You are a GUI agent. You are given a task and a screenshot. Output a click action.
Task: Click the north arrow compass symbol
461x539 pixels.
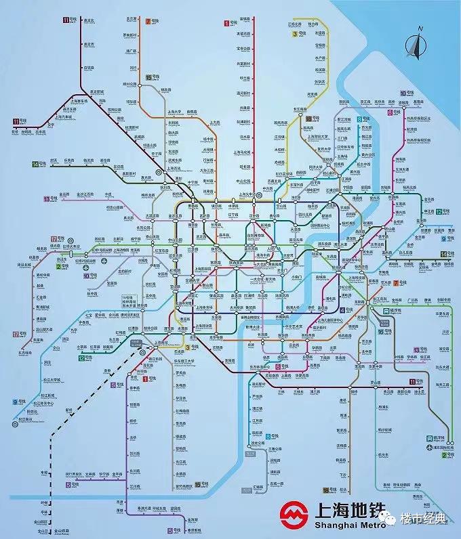[x=416, y=45]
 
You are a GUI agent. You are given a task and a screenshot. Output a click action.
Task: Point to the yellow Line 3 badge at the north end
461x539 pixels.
[x=295, y=34]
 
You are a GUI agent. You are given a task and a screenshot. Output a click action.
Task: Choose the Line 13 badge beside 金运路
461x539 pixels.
[x=46, y=198]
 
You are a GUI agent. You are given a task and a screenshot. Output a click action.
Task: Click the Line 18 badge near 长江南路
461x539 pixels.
[x=309, y=119]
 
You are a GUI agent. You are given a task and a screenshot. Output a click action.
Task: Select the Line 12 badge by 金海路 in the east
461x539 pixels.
[x=439, y=212]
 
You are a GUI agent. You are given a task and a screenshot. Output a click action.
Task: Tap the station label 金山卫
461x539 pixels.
[x=45, y=531]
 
